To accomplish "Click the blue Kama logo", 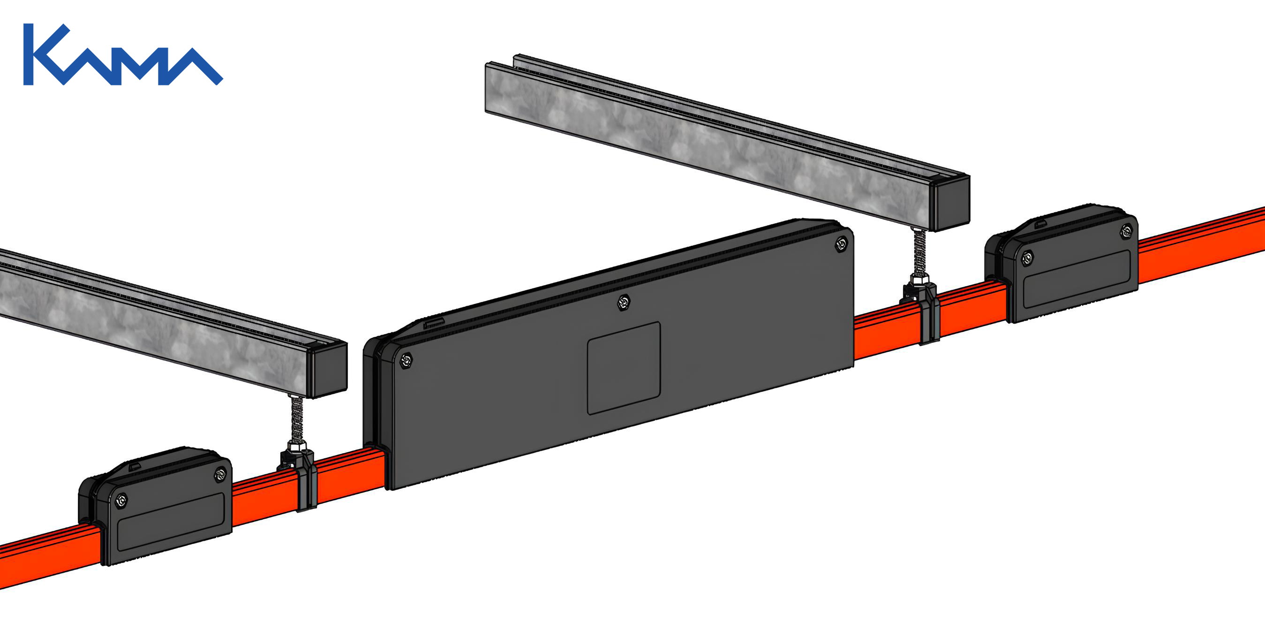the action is tap(123, 54).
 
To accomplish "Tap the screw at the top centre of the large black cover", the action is tap(624, 302).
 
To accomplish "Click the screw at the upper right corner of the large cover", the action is tap(841, 244).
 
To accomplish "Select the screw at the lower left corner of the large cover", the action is tap(406, 361).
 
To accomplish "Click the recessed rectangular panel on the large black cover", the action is tap(624, 368).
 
